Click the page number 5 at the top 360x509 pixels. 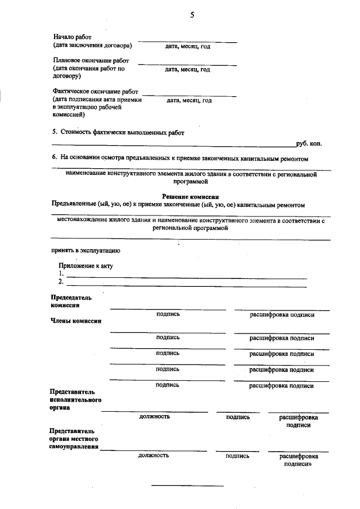click(192, 16)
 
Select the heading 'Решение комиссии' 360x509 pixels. click(190, 196)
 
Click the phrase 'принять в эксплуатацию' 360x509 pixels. click(85, 250)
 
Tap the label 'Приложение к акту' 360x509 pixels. click(86, 266)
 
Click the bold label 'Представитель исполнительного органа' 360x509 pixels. click(75, 399)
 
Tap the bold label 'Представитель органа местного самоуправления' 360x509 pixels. click(75, 439)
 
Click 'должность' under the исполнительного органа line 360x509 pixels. click(154, 417)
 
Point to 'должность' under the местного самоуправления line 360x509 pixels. click(154, 456)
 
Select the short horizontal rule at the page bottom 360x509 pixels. click(188, 485)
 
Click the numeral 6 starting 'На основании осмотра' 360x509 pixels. click(54, 158)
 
